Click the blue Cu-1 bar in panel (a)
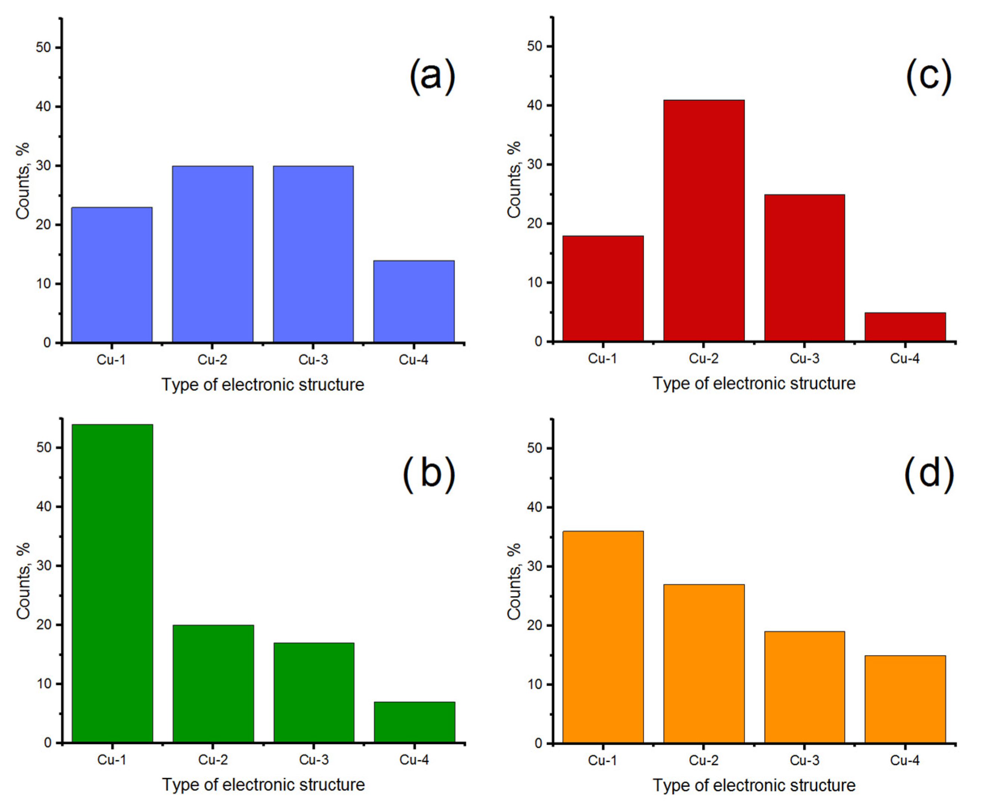tap(112, 275)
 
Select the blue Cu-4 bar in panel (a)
tap(414, 302)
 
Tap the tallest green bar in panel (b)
tap(112, 584)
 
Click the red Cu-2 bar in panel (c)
tap(703, 221)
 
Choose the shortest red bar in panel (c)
tap(905, 327)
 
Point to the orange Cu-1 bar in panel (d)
tap(603, 637)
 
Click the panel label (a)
tap(432, 76)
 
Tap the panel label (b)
tap(428, 474)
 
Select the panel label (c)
tap(928, 76)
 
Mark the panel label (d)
tap(928, 474)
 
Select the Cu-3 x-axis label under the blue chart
tap(313, 359)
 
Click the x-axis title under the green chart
tap(263, 785)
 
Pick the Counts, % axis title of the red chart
tap(514, 179)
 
